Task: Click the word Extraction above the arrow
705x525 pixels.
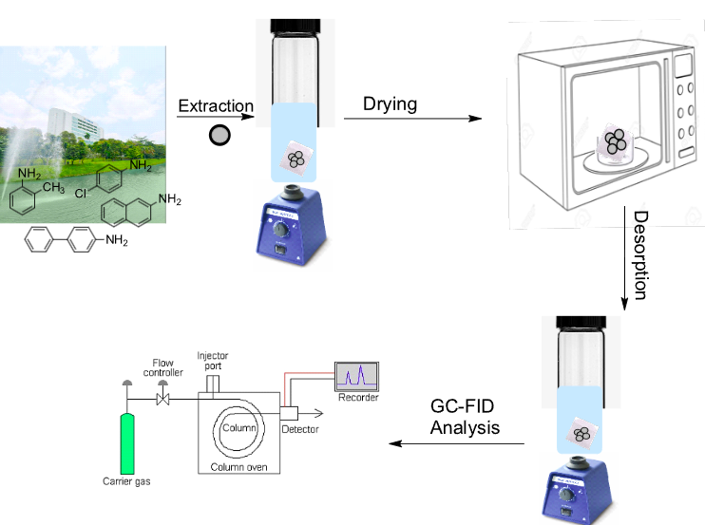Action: [x=215, y=105]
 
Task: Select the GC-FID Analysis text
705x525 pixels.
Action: [x=465, y=418]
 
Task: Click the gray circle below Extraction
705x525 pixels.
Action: [x=219, y=135]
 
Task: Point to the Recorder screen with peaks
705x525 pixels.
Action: [x=356, y=376]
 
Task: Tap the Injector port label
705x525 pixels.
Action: [x=213, y=361]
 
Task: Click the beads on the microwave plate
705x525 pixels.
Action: [x=617, y=141]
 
